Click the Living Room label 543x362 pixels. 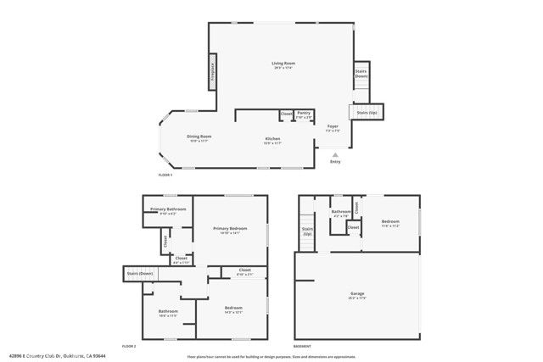coord(283,64)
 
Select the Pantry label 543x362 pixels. coord(305,113)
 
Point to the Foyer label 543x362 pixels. coord(333,126)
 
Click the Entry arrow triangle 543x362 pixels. coord(336,154)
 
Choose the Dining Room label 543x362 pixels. coord(199,136)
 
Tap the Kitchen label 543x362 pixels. coord(272,139)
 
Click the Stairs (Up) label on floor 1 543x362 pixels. coord(367,113)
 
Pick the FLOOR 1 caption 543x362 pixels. coord(165,175)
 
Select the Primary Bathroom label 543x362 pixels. coord(168,209)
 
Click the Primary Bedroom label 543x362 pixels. coord(230,229)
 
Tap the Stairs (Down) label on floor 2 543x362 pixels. coord(140,274)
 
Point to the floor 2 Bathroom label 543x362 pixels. coord(168,311)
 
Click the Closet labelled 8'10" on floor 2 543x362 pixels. coord(244,270)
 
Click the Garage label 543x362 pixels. coord(357,293)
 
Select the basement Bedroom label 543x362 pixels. coord(390,222)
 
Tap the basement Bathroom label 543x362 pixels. coord(341,211)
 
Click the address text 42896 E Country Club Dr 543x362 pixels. coord(38,356)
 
